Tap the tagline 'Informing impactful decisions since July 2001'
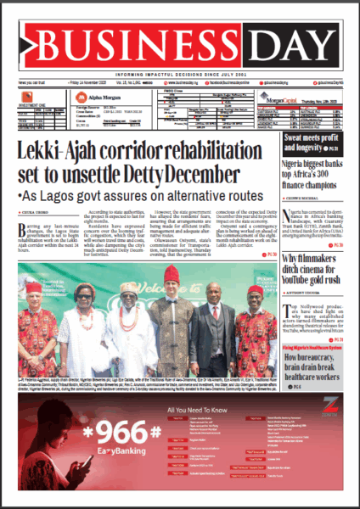(179, 74)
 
